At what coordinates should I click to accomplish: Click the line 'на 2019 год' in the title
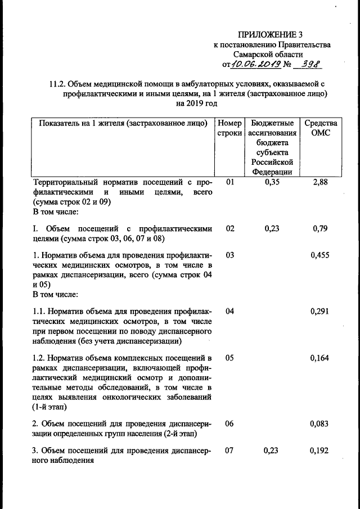coord(196,104)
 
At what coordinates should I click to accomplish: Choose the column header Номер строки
coord(229,128)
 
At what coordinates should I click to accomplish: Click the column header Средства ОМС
coord(321,128)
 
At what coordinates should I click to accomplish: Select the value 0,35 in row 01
coord(272,183)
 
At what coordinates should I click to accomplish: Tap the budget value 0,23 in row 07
coord(272,451)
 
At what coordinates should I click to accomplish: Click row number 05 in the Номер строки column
coord(229,358)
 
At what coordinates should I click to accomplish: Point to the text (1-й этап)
coord(49,407)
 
